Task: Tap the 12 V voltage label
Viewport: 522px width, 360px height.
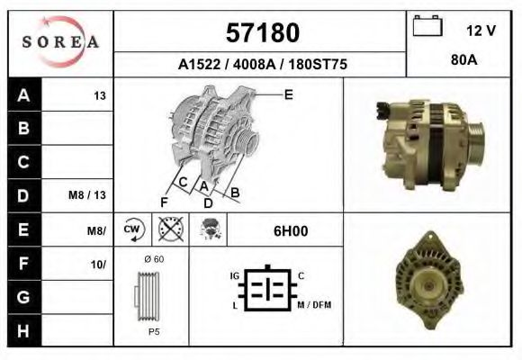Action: [481, 31]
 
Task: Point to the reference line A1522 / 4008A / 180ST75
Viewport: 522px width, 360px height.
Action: [262, 65]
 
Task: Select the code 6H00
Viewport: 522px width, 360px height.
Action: [291, 230]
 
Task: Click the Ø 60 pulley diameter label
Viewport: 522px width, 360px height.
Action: [153, 260]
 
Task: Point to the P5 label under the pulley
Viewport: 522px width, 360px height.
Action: [154, 331]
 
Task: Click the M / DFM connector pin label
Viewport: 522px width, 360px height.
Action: [314, 304]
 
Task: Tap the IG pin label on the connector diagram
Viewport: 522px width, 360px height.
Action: [234, 274]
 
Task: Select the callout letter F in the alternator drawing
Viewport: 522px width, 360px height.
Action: [164, 200]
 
